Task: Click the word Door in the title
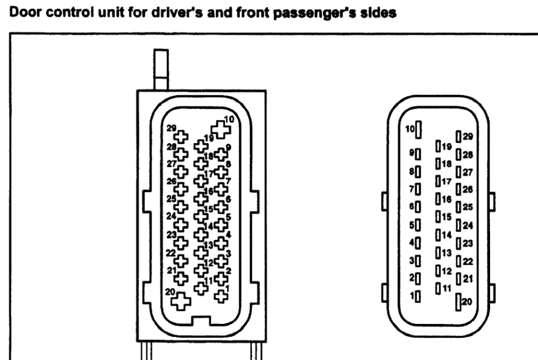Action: [x=25, y=12]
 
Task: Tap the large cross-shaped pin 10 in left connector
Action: [x=221, y=129]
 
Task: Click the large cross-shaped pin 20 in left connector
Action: [x=181, y=301]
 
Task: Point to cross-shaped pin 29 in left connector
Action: [x=181, y=137]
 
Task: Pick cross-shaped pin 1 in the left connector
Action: [x=221, y=296]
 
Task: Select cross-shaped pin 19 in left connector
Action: [x=201, y=146]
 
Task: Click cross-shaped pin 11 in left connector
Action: [x=201, y=288]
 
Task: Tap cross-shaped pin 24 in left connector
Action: [x=181, y=225]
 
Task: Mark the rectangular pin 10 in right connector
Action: [x=419, y=130]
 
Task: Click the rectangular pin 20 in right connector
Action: [x=458, y=302]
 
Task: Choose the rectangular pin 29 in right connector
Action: [x=458, y=137]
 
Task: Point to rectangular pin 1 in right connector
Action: [x=417, y=297]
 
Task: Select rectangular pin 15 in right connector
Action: [x=438, y=216]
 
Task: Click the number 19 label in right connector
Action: [x=447, y=146]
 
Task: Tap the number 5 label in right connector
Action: [x=412, y=225]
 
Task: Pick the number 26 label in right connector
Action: [x=468, y=189]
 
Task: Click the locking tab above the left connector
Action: [x=161, y=69]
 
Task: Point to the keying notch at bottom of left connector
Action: [x=201, y=321]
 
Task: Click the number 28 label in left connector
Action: [x=171, y=146]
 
